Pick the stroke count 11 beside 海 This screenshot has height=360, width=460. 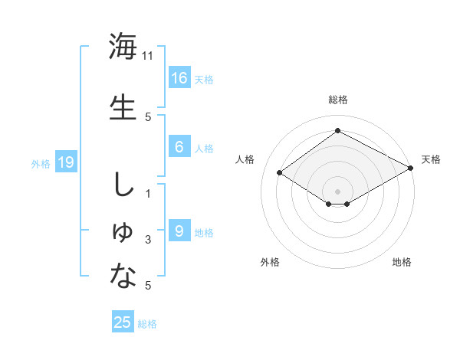148,56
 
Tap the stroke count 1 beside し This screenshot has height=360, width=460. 148,193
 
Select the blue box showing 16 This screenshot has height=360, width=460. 179,78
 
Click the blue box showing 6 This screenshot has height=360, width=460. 179,148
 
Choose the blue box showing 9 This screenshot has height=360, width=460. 179,231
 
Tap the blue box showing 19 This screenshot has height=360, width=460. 65,162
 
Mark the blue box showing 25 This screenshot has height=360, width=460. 123,322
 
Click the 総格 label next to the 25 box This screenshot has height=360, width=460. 147,324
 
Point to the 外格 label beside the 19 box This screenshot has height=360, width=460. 40,163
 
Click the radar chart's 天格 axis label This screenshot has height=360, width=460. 431,159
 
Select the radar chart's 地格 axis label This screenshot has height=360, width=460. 402,262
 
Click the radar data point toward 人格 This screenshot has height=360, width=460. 280,173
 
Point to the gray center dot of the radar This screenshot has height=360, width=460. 337,191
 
